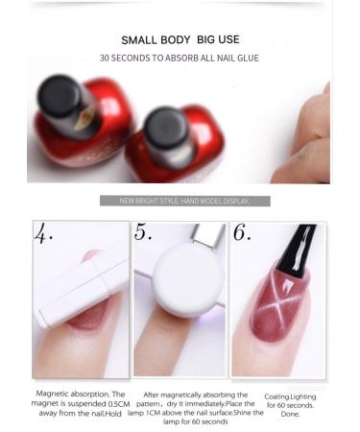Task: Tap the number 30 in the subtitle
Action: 106,59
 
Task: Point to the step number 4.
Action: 44,233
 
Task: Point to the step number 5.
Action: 144,233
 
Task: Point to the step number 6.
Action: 242,233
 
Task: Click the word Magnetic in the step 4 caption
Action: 53,394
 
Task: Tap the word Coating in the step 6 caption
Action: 278,396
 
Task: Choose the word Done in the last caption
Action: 290,415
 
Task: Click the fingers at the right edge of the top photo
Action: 309,144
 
